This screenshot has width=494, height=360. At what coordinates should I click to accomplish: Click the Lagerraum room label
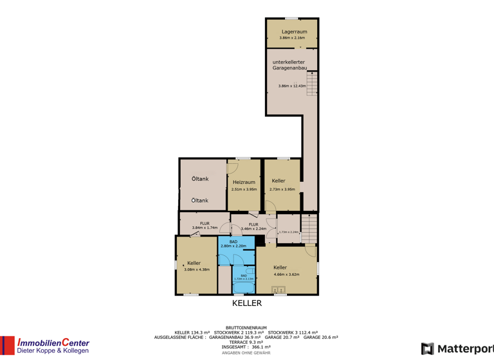pyautogui.click(x=294, y=31)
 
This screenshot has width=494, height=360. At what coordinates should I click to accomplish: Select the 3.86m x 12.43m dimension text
pyautogui.click(x=291, y=86)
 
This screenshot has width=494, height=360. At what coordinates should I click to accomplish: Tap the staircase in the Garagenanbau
pyautogui.click(x=313, y=83)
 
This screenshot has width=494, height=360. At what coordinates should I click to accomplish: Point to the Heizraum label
pyautogui.click(x=244, y=183)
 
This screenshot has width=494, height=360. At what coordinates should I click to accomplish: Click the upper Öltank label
pyautogui.click(x=200, y=179)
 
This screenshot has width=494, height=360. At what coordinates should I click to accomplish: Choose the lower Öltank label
pyautogui.click(x=200, y=201)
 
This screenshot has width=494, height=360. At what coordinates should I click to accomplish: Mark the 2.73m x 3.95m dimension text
pyautogui.click(x=283, y=189)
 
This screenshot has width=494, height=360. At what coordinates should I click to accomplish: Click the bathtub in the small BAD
pyautogui.click(x=244, y=286)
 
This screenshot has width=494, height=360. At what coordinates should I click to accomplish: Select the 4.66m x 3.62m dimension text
pyautogui.click(x=286, y=274)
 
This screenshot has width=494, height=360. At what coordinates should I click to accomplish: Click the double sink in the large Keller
pyautogui.click(x=279, y=289)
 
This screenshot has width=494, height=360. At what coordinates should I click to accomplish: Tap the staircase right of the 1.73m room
pyautogui.click(x=310, y=228)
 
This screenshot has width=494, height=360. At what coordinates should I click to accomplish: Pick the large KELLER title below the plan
pyautogui.click(x=247, y=303)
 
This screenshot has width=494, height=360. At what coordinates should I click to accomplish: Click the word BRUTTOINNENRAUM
pyautogui.click(x=246, y=327)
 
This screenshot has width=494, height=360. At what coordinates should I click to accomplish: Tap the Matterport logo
pyautogui.click(x=457, y=348)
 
